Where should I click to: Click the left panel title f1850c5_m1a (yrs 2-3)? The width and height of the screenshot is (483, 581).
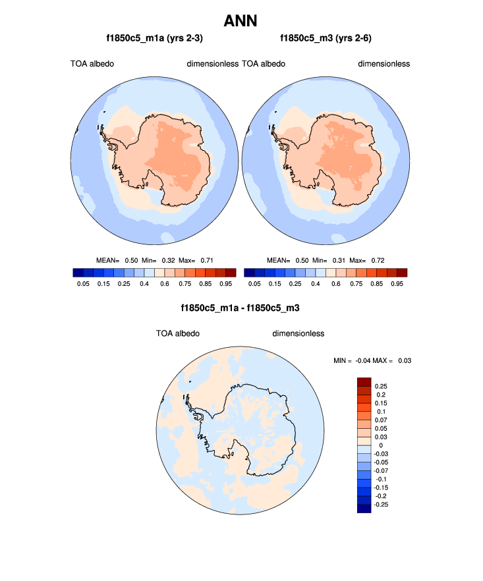[150, 38]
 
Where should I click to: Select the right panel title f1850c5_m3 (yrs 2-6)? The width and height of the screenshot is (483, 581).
[326, 38]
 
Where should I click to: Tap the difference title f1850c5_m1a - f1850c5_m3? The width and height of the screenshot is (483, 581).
[241, 308]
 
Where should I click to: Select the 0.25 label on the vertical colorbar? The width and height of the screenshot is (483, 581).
[381, 386]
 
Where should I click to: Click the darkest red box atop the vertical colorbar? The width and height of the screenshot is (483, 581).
[364, 382]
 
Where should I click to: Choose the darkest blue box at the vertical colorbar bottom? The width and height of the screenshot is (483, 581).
[364, 508]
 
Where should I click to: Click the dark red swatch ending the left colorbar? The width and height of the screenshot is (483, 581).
[230, 272]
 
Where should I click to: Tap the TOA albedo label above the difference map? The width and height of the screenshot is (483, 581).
[178, 333]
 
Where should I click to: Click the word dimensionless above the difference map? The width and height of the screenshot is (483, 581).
[298, 333]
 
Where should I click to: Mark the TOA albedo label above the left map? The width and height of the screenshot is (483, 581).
[92, 64]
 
